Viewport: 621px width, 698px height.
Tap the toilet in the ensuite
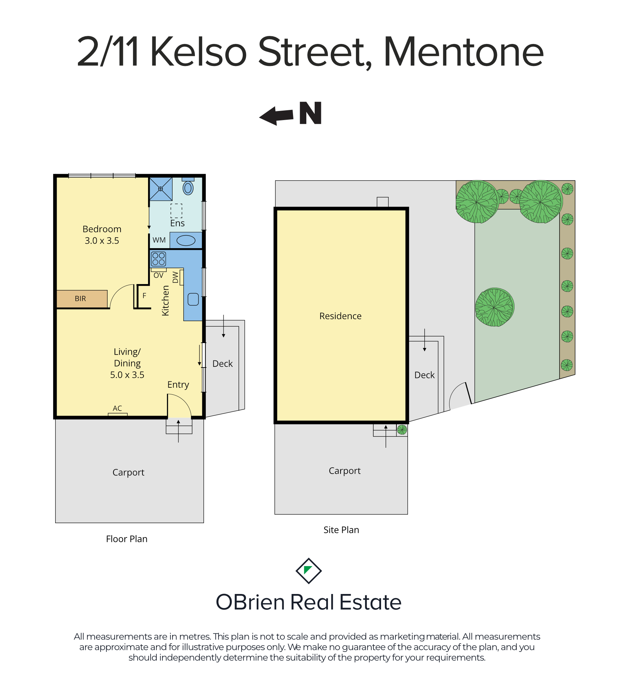188,187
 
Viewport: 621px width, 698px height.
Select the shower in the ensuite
161,189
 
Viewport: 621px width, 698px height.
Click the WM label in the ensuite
159,240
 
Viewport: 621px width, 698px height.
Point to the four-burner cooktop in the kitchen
159,259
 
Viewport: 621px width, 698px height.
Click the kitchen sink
193,299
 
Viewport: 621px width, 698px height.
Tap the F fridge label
144,296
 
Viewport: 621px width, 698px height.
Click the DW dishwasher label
175,277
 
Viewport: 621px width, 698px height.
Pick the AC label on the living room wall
117,408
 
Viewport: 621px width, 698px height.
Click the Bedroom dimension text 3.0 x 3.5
102,240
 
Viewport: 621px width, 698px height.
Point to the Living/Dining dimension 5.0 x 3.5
127,375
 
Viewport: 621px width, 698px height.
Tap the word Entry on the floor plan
178,385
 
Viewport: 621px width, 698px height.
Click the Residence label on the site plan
341,316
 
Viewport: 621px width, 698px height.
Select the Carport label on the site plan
345,471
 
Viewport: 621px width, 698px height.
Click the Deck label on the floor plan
222,364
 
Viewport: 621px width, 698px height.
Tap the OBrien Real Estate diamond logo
309,571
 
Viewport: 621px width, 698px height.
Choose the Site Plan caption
341,530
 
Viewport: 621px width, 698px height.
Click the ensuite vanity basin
186,240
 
